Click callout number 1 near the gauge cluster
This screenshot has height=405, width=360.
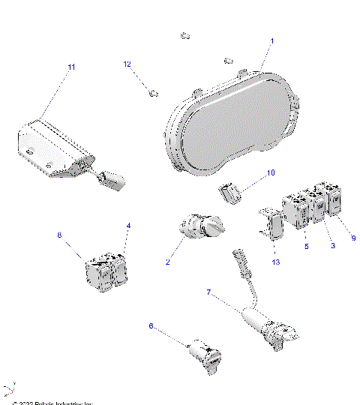click(x=271, y=40)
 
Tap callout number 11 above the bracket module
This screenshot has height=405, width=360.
click(x=71, y=67)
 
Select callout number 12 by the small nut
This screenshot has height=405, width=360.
click(x=127, y=64)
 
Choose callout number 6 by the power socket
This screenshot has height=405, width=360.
click(x=151, y=326)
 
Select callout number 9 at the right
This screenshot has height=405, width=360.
click(x=352, y=238)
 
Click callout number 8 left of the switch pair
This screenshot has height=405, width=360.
click(x=61, y=235)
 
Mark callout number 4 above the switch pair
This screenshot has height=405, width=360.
click(x=128, y=225)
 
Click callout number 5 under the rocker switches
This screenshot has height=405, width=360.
click(x=306, y=245)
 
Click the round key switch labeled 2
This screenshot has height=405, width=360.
click(x=200, y=227)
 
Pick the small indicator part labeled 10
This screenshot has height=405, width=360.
click(x=232, y=193)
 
